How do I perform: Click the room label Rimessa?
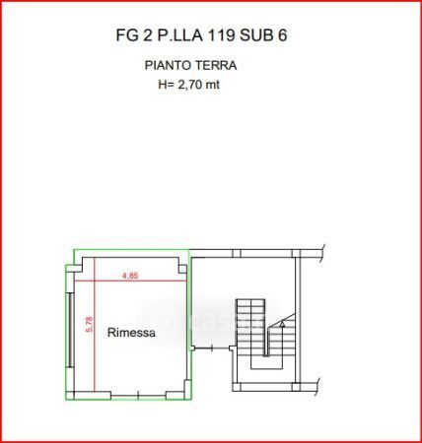click(x=131, y=333)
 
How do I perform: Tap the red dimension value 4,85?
click(x=130, y=276)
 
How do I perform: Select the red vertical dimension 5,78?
click(x=89, y=325)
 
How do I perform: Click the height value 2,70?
click(x=189, y=85)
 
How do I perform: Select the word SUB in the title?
click(x=256, y=35)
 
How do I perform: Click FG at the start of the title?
click(x=127, y=35)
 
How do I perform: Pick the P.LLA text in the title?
click(x=179, y=35)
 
